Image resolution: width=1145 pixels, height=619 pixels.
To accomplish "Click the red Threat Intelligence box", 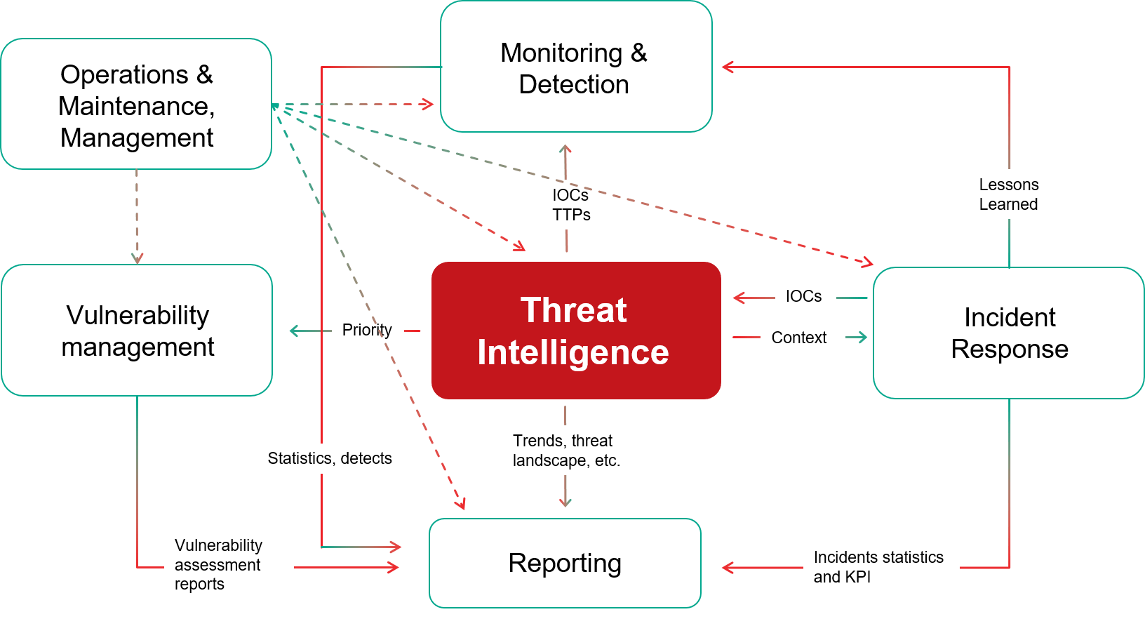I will coord(576,331).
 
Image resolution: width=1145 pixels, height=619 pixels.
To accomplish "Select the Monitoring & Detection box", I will coord(576,67).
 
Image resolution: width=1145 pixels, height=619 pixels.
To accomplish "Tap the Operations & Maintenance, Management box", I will coord(136,105).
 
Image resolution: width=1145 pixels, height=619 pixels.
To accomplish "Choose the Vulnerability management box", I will coord(137,331).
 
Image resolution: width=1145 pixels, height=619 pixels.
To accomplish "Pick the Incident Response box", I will coord(1009,333).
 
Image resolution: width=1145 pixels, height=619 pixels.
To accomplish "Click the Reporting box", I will coord(565,563).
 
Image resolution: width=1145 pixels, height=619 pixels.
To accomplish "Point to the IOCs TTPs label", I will coord(572,204).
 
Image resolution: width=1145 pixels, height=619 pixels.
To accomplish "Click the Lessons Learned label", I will coord(1022,194).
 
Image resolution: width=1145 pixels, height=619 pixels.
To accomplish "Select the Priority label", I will coord(368,330).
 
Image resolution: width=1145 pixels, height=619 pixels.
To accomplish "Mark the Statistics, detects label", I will coord(334,458).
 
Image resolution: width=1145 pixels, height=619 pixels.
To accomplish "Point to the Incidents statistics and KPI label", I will coord(880,567).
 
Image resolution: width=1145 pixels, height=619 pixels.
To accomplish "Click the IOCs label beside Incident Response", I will coord(805,296).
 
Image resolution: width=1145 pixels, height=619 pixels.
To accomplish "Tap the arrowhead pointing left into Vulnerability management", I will coord(294,331).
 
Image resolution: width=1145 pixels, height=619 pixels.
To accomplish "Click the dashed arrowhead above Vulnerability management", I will coord(137,258).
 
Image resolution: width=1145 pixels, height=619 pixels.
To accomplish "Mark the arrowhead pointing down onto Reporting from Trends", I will coord(565,502).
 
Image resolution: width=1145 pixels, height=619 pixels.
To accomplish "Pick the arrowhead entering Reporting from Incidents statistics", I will coord(727,567).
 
